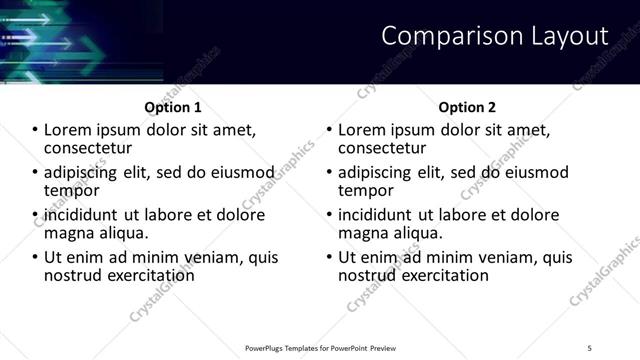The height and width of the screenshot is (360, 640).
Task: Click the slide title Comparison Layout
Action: [495, 37]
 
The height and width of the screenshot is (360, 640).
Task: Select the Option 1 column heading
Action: [173, 107]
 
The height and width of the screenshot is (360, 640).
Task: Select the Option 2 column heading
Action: [467, 107]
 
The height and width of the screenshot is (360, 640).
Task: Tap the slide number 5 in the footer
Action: [590, 347]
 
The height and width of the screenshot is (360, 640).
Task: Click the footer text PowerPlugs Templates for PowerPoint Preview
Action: [321, 347]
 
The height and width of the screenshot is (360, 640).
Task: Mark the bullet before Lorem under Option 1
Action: [37, 130]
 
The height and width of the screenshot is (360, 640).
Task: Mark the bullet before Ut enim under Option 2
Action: [331, 258]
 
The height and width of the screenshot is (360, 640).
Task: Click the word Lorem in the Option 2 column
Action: [365, 130]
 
